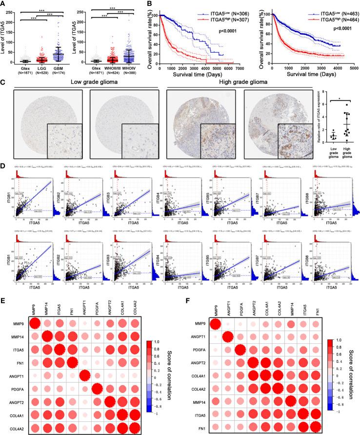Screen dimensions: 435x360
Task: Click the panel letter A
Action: click(x=4, y=4)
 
